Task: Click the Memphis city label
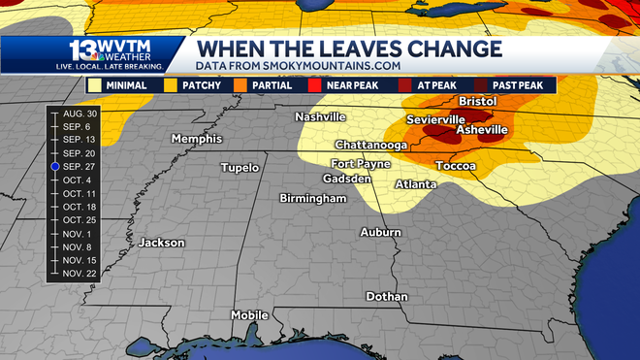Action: tap(197, 139)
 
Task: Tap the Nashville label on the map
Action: tap(321, 117)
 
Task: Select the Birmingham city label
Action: tap(312, 198)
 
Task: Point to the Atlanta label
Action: tap(415, 184)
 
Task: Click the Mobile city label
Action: tap(248, 315)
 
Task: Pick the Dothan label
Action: tap(387, 296)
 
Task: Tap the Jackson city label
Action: tap(162, 242)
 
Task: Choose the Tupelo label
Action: tap(240, 168)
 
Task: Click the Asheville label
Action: tap(482, 130)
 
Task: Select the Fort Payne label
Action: tap(362, 163)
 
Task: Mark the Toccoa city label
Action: tap(455, 166)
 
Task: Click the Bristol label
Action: tap(477, 102)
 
